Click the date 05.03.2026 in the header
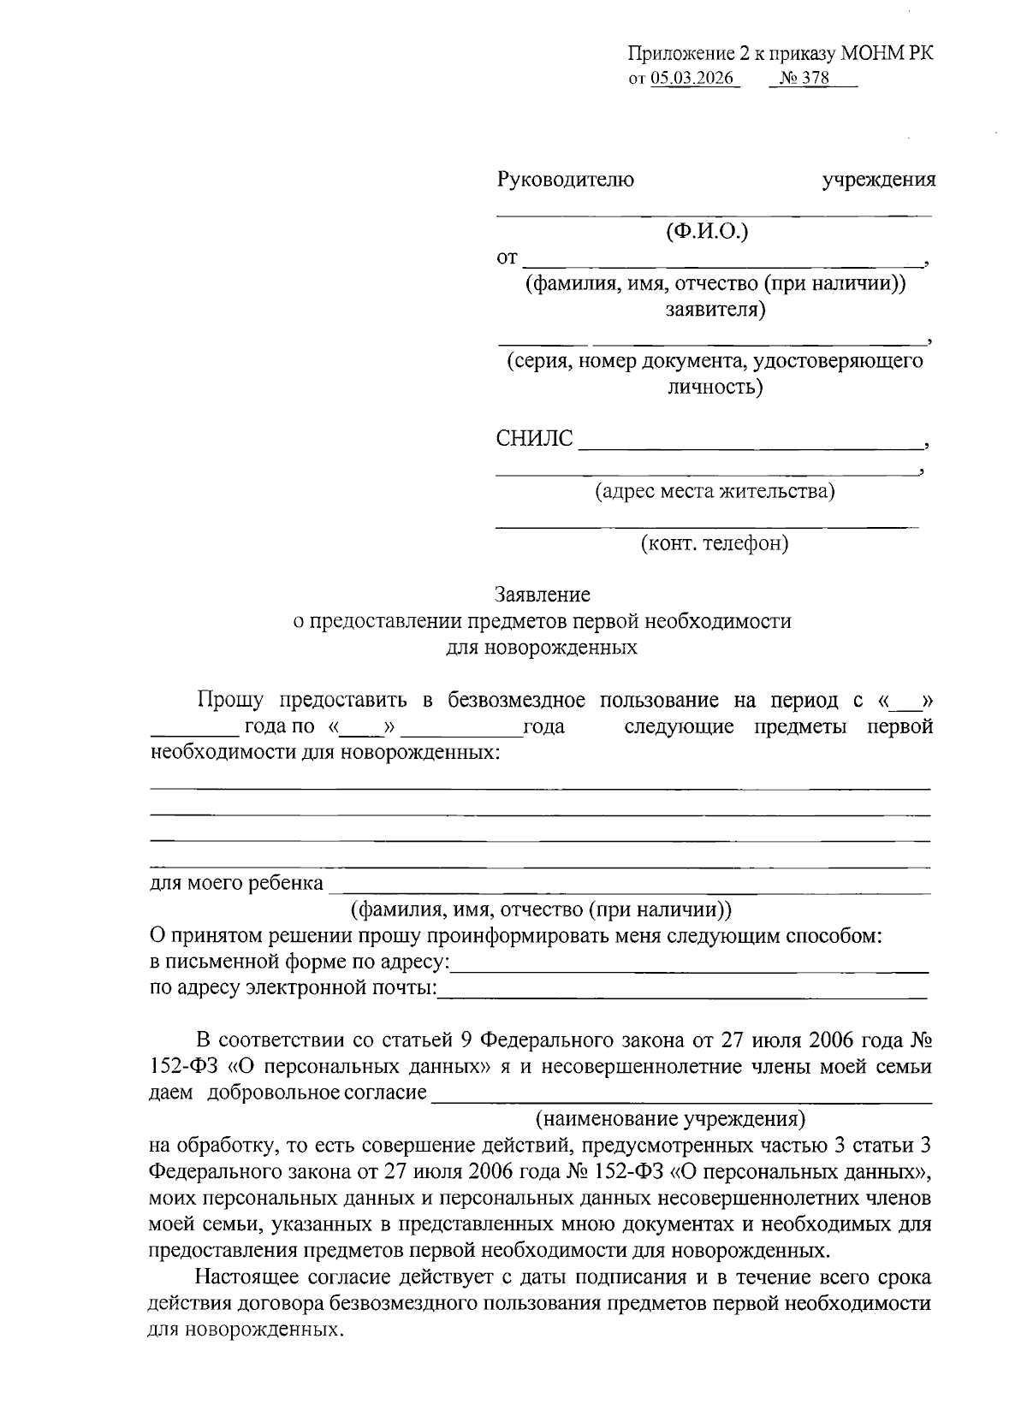[x=694, y=79]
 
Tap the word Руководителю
[x=565, y=181]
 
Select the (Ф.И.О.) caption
[x=707, y=231]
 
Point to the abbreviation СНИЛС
[x=534, y=439]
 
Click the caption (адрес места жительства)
[x=715, y=491]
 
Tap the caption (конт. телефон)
[x=715, y=542]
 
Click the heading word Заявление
[x=543, y=594]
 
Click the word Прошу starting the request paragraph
[x=231, y=701]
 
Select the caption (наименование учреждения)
[x=670, y=1118]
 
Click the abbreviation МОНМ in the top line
[x=871, y=53]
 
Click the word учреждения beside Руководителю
[x=878, y=181]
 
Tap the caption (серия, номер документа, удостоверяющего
[x=715, y=360]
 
